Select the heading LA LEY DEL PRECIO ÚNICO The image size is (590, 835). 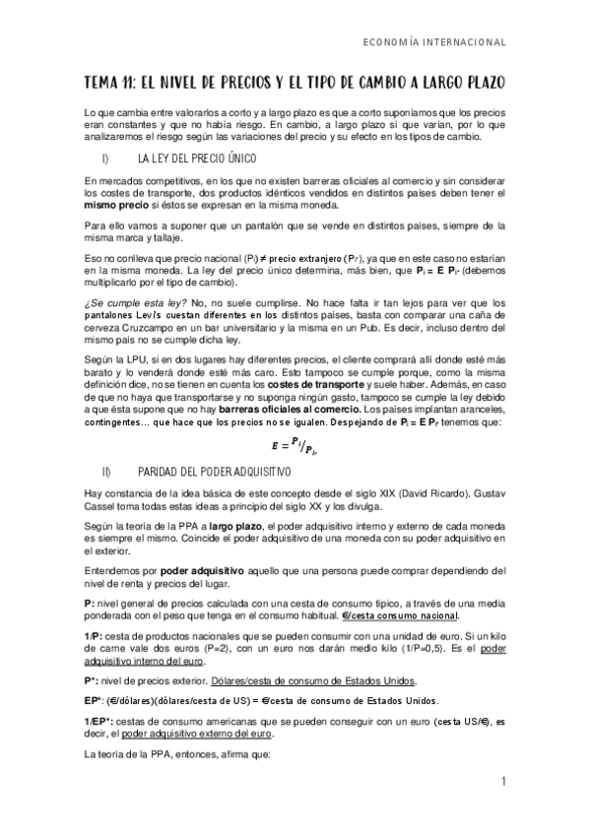click(198, 159)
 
